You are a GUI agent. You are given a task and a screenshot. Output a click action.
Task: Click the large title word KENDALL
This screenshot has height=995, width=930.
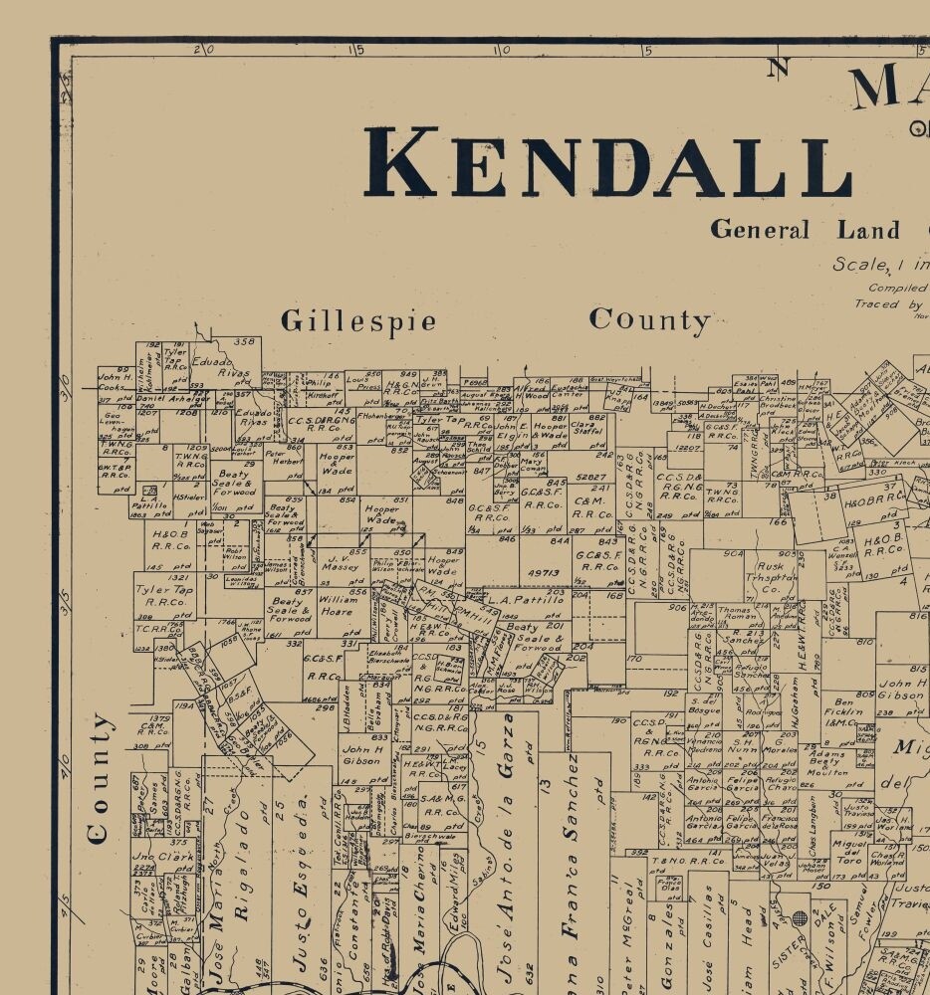(x=607, y=161)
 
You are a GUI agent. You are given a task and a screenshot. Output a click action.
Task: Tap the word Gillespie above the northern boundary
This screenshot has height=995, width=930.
(x=358, y=321)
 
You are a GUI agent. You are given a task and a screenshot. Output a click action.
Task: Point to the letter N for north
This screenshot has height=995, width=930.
(x=777, y=68)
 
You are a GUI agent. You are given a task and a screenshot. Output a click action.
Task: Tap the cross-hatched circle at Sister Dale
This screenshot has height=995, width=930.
(x=799, y=916)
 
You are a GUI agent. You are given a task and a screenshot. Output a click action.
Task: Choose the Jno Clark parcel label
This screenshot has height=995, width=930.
(x=158, y=857)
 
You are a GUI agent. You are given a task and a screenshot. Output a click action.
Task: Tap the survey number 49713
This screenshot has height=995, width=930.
(x=543, y=573)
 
